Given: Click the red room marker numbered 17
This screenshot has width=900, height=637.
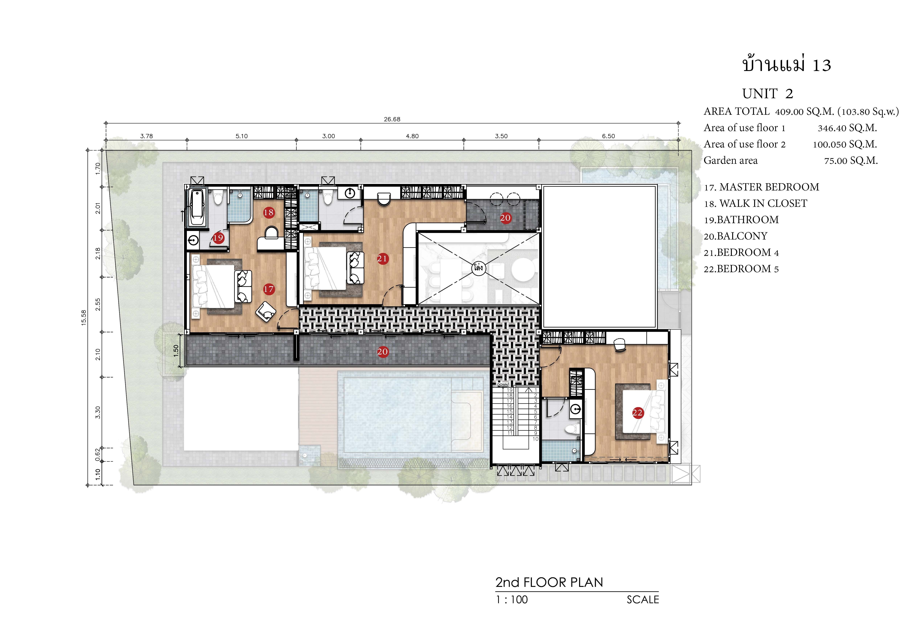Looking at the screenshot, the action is [x=268, y=289].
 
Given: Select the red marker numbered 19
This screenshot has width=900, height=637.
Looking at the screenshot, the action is [x=218, y=237].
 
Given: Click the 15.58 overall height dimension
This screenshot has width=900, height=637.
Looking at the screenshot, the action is [x=83, y=318].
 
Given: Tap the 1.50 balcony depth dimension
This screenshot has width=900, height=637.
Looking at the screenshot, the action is [x=176, y=350].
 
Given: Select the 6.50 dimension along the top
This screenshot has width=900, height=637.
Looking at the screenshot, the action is [x=608, y=136].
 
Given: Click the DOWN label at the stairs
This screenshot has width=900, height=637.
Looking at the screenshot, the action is [x=503, y=385].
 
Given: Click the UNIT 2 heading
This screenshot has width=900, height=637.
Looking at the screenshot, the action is [x=768, y=94].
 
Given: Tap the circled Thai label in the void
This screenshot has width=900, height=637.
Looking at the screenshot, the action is [x=478, y=268].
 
